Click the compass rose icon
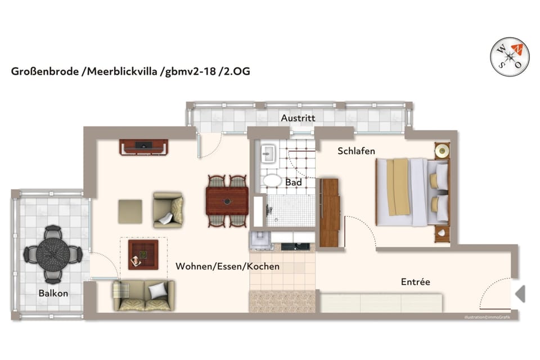tap(510, 56)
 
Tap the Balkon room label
tap(53, 293)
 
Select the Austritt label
tap(298, 118)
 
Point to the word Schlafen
tap(356, 151)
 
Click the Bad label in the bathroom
tap(294, 182)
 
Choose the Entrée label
tap(415, 282)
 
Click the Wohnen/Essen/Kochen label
tap(227, 266)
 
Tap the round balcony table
tap(53, 254)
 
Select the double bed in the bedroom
tap(412, 192)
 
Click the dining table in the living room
tap(227, 201)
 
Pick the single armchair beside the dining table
tap(168, 210)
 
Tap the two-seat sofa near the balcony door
tap(144, 295)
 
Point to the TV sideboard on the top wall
tap(143, 147)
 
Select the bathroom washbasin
tap(267, 152)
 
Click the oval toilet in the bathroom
tap(273, 180)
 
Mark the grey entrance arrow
tap(520, 293)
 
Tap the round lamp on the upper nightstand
tap(442, 150)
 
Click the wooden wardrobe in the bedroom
tap(329, 213)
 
